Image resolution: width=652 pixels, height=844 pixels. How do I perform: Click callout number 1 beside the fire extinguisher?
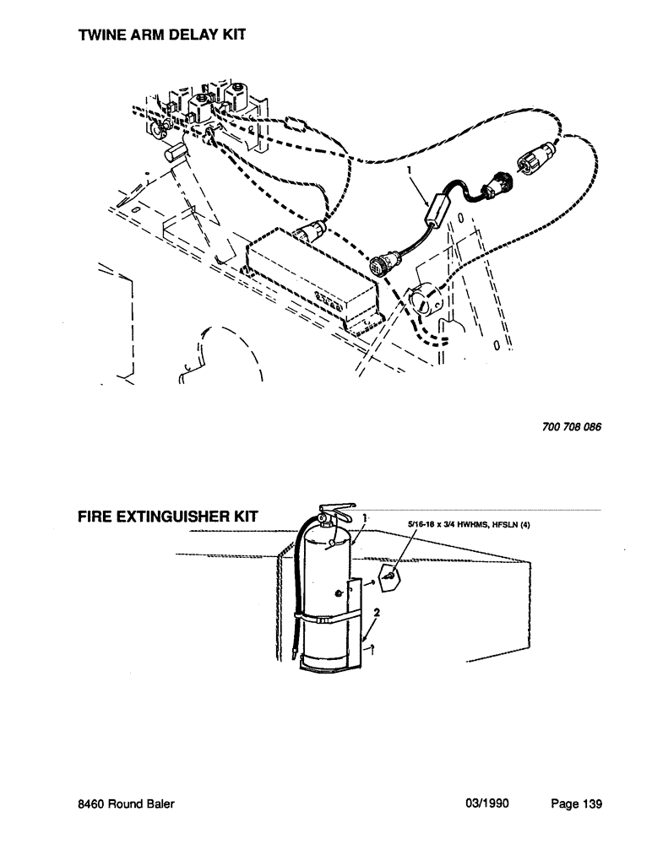pyautogui.click(x=363, y=517)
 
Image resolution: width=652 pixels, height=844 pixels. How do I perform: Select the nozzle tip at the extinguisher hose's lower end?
pyautogui.click(x=291, y=652)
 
